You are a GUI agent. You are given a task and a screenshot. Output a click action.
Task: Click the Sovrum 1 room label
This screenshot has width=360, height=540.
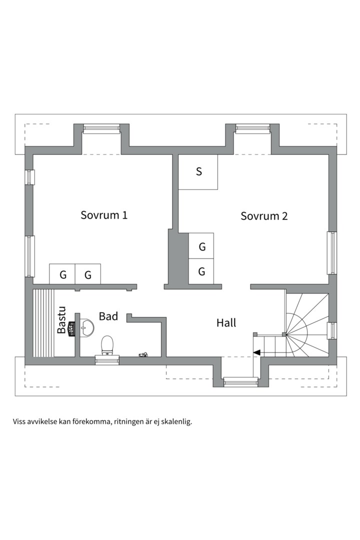104,215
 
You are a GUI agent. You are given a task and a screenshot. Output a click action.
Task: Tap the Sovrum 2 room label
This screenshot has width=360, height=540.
264,216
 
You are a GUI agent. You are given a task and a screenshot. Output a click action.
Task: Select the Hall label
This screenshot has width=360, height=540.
226,322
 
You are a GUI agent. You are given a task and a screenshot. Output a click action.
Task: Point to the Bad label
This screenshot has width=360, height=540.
108,316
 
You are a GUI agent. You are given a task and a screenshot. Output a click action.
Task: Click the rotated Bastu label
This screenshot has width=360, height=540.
61,320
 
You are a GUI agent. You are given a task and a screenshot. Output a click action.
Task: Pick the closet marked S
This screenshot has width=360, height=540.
198,172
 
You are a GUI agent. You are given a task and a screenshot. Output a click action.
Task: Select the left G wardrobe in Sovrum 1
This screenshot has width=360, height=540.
62,274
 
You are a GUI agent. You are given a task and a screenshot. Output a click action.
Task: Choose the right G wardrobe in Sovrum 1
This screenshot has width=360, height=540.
88,274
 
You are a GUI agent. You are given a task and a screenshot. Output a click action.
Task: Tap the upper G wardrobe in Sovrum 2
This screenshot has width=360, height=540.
201,246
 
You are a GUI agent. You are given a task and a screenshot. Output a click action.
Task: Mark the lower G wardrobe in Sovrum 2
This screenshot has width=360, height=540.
201,271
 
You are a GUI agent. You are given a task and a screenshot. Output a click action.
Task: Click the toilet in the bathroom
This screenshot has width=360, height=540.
107,345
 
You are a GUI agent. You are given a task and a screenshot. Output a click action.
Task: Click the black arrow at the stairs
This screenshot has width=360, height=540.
256,352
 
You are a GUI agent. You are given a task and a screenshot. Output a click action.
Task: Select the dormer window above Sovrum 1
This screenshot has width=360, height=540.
101,129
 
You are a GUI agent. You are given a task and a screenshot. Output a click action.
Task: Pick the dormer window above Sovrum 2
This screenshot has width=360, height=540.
252,129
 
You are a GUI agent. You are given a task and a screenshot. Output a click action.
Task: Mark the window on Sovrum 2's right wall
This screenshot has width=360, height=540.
331,252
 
